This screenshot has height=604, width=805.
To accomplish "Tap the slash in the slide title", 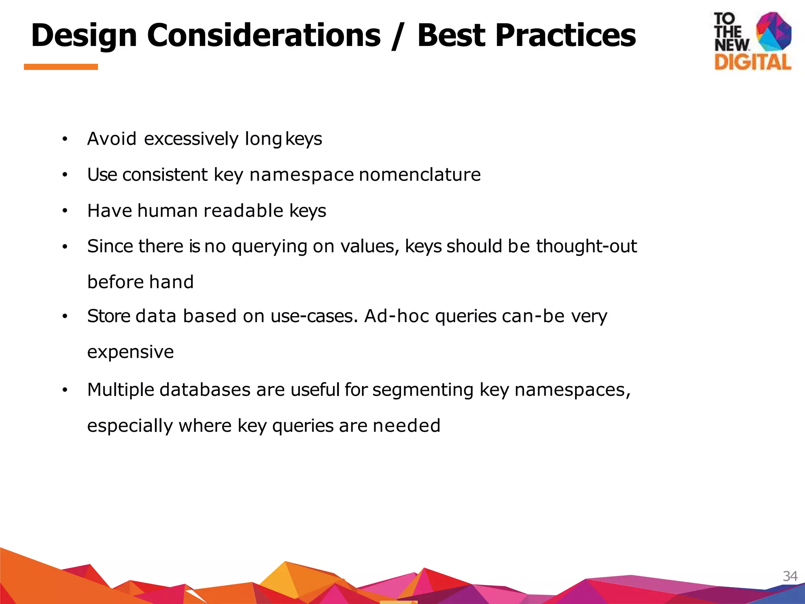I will [399, 36].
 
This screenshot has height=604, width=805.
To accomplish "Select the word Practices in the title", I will [565, 35].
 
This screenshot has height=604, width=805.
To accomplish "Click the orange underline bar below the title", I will [61, 67].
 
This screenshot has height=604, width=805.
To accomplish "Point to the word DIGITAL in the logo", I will [753, 63].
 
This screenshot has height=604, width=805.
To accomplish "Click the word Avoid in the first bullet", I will [112, 139].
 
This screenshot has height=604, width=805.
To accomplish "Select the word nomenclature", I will [420, 175].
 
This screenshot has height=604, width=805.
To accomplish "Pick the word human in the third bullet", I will [167, 211].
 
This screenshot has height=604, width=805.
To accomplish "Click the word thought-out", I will [586, 247].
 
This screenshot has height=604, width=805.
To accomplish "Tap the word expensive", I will [130, 352].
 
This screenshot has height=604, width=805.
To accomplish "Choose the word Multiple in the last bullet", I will [120, 390].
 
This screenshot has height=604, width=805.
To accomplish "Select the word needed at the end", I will [406, 426].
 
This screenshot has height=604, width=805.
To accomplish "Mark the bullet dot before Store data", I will [65, 316].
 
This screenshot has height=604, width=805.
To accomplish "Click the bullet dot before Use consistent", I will [65, 175].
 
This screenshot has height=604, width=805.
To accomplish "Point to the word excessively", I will [191, 139].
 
